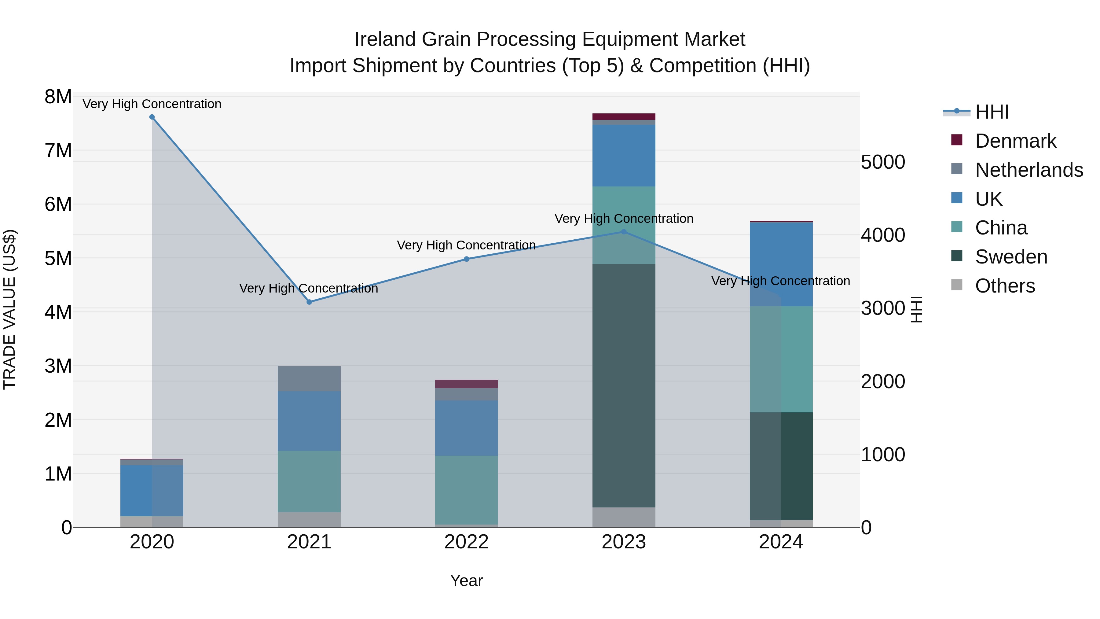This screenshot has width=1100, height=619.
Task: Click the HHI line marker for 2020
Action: click(152, 117)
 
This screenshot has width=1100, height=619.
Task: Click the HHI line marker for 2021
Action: click(310, 302)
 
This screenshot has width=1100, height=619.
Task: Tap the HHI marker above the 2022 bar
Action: click(466, 259)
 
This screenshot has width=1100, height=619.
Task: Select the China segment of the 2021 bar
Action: click(309, 481)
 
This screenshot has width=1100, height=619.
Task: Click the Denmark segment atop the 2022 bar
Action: click(466, 384)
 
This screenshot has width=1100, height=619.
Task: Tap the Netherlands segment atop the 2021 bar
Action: click(309, 378)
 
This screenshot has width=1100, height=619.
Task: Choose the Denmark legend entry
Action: click(1015, 141)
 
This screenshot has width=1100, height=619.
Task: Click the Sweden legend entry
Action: click(1011, 257)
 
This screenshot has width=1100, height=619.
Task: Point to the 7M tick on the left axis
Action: click(58, 150)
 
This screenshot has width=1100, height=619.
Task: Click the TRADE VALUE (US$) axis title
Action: click(10, 309)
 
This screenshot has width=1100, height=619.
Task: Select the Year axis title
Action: click(466, 580)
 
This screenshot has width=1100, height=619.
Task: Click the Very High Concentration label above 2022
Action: click(466, 245)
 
